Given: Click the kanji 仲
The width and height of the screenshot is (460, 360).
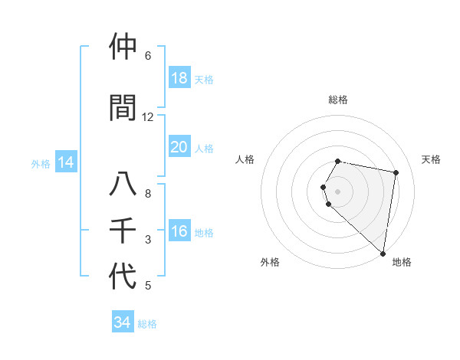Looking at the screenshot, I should click(124, 47).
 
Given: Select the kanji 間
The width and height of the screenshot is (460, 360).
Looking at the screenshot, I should click(124, 107).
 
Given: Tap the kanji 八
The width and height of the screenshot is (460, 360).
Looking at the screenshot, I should click(124, 185).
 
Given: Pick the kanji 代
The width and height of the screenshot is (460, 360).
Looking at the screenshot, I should click(124, 277).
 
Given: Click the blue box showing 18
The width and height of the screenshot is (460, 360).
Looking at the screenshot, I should click(179, 78).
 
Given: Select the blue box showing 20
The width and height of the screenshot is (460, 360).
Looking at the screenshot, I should click(179, 147).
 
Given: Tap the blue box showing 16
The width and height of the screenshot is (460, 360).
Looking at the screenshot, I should click(179, 232).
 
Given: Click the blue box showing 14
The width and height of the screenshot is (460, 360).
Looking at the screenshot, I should click(65, 162).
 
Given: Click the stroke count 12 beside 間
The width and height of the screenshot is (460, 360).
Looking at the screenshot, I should click(148, 116).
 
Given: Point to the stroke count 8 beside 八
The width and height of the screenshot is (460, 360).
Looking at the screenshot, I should click(148, 193).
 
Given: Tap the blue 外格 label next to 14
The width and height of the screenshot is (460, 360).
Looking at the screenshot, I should click(41, 163).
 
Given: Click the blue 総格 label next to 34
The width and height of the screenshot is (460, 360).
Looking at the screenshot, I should click(147, 324).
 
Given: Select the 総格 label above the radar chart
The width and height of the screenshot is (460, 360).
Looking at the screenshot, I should click(338, 100).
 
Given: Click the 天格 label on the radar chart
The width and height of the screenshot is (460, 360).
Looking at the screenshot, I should click(431, 159).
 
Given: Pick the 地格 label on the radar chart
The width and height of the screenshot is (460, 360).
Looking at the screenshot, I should click(402, 262).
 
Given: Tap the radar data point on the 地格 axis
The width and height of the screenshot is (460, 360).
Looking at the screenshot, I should click(383, 253).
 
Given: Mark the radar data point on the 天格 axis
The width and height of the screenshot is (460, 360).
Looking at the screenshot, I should click(396, 172).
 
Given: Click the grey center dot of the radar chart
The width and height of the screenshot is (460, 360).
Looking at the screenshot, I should click(338, 191).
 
